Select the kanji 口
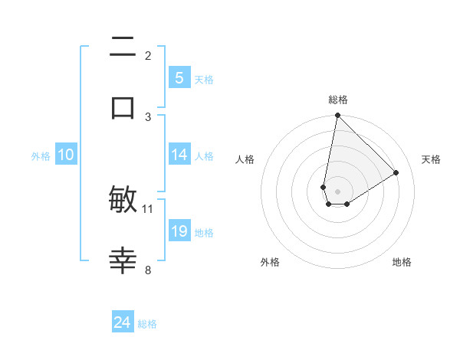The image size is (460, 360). point(123,107)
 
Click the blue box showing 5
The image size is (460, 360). point(179,77)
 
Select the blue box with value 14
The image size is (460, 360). point(179,155)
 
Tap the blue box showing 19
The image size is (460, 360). point(179,231)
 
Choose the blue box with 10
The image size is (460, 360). point(66,155)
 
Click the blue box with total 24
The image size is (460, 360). point(123,322)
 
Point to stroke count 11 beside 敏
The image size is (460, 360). point(148,208)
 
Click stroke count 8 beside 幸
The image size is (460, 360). point(148,270)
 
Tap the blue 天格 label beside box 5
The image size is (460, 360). point(204,79)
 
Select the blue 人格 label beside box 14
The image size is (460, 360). point(204,155)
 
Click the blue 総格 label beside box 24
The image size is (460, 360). point(147,324)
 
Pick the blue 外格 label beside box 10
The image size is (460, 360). point(41,155)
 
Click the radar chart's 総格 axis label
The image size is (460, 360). point(338,100)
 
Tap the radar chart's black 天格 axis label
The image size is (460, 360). point(431,159)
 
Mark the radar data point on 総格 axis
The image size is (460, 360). point(337,116)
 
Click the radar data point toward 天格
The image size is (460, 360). point(396,173)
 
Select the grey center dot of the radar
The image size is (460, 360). point(337,191)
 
